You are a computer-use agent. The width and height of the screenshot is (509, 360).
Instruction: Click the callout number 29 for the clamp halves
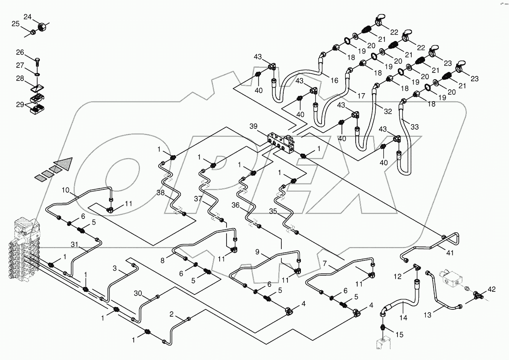tap(20, 104)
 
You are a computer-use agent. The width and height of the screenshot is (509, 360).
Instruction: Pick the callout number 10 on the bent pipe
tap(66, 190)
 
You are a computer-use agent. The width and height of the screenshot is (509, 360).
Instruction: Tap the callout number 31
tap(75, 244)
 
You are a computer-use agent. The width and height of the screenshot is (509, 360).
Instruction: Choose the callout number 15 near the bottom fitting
tap(399, 334)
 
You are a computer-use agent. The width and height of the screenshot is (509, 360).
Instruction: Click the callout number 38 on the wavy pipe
tap(161, 193)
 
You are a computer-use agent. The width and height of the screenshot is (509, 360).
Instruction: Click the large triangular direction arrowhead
tap(64, 164)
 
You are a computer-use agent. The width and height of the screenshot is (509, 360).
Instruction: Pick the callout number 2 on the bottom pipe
tap(173, 315)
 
